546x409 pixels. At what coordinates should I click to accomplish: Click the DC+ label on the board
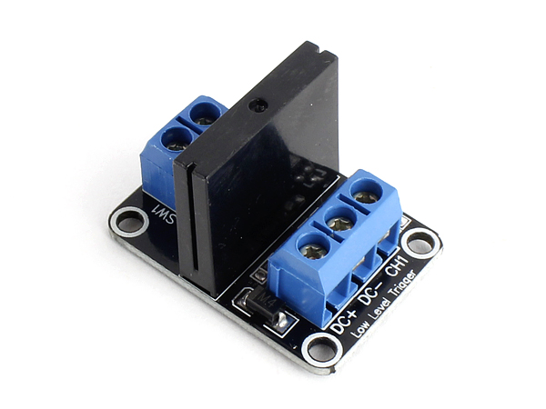[343, 322]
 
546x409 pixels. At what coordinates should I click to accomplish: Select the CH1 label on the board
[398, 265]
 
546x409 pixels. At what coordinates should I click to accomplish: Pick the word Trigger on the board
[404, 285]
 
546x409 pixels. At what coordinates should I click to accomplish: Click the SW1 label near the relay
[166, 214]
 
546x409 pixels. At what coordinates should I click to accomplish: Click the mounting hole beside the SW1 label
[129, 222]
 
